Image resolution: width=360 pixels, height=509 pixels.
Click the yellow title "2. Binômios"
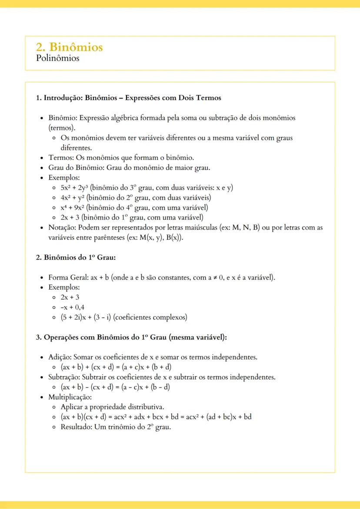(x=70, y=47)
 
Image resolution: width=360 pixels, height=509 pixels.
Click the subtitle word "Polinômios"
(x=58, y=58)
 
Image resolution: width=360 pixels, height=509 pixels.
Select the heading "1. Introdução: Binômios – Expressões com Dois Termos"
(x=128, y=98)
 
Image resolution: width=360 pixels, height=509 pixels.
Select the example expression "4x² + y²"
(x=73, y=198)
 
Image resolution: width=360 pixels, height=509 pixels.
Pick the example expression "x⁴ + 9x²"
(x=73, y=207)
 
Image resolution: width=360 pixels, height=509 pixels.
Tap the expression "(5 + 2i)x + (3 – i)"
(x=86, y=317)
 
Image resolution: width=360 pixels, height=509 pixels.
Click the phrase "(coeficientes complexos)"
(x=150, y=317)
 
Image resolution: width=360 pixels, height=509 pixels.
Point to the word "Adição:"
(x=60, y=357)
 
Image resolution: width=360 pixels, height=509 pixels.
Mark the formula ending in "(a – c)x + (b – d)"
(x=115, y=387)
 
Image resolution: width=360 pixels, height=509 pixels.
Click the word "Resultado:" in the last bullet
(x=77, y=427)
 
